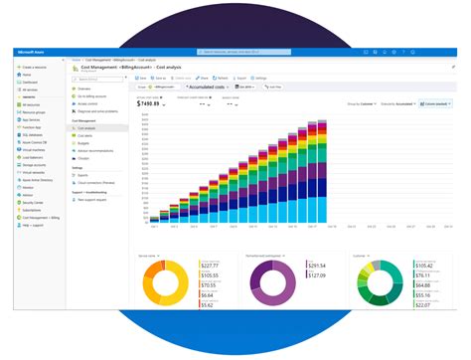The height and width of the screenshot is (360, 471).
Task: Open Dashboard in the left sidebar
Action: [x=29, y=82]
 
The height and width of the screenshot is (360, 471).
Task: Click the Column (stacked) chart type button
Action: [x=433, y=102]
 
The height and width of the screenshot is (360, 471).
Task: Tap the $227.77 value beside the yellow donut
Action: [x=209, y=265]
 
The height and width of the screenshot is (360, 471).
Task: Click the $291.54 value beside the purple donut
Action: [x=316, y=265]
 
